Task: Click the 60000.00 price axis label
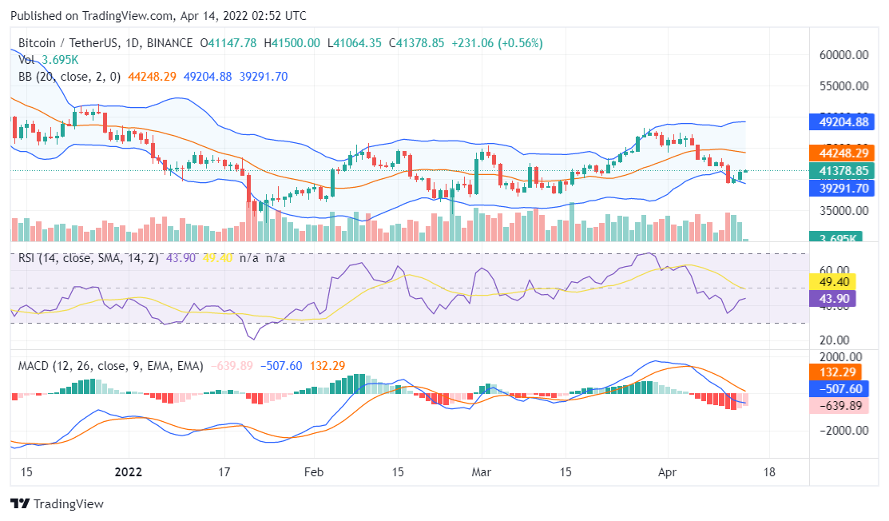pyautogui.click(x=844, y=55)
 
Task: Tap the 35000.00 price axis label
pyautogui.click(x=844, y=211)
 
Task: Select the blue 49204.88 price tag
pyautogui.click(x=844, y=122)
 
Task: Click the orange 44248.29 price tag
pyautogui.click(x=844, y=153)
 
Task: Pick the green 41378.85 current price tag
pyautogui.click(x=844, y=171)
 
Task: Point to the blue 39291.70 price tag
pyautogui.click(x=844, y=189)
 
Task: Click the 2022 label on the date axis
pyautogui.click(x=128, y=471)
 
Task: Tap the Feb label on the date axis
pyautogui.click(x=313, y=471)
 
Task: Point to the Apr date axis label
pyautogui.click(x=669, y=471)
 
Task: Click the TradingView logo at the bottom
pyautogui.click(x=58, y=504)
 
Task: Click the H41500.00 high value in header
pyautogui.click(x=292, y=43)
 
